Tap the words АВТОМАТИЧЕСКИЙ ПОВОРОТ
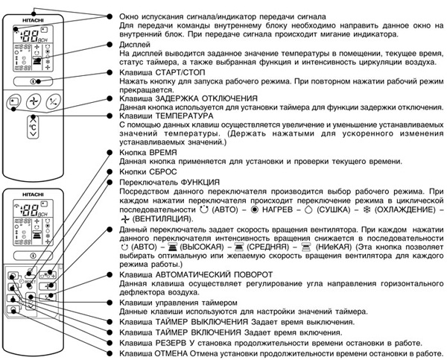tap(215, 274)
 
